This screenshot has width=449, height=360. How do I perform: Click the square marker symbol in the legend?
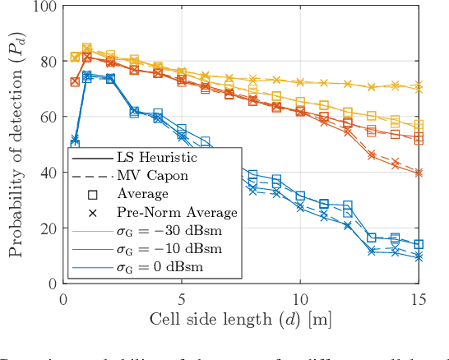[93, 194]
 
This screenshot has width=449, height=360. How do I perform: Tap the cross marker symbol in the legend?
[93, 212]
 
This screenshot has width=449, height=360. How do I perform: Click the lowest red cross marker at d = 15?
[419, 173]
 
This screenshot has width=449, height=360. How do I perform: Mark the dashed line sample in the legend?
[93, 175]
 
